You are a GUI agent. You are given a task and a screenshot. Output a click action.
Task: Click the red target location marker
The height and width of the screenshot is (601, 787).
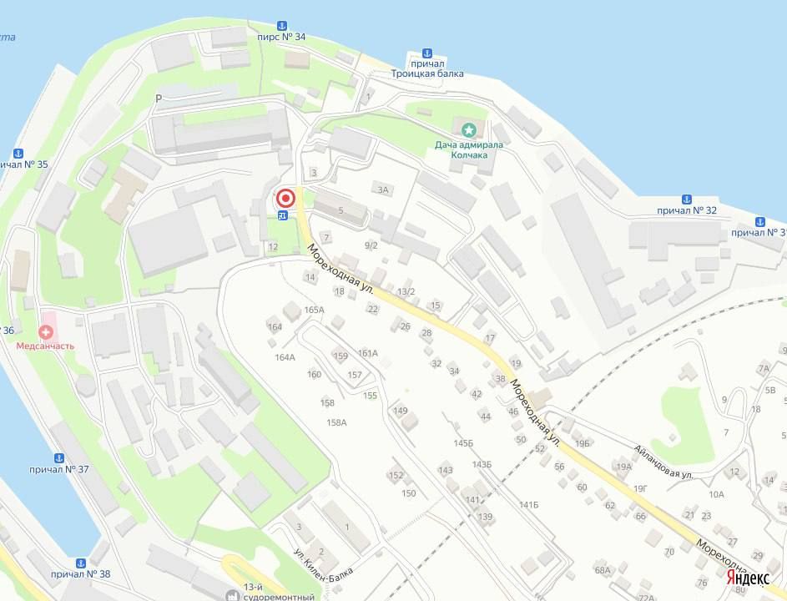coord(285,199)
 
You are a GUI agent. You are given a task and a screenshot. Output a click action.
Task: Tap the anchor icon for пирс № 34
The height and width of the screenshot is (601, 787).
coord(282,25)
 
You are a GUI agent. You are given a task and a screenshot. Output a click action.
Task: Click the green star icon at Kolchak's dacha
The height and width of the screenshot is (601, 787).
coord(468,129)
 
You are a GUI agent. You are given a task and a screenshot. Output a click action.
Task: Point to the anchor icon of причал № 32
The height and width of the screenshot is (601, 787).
coord(687,199)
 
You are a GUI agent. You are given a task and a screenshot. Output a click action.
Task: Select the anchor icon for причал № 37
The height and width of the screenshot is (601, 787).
coord(59,458)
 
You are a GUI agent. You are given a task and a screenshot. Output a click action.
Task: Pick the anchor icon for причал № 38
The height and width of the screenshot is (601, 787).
coord(80,563)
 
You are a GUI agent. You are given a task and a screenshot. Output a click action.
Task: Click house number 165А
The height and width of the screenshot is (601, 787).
coord(314,310)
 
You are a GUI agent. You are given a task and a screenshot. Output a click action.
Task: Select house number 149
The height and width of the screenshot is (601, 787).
coord(401,411)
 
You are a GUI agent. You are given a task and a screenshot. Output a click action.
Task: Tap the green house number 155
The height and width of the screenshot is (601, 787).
coord(370,395)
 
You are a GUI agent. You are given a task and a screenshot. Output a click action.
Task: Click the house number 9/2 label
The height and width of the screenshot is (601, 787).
coord(371,245)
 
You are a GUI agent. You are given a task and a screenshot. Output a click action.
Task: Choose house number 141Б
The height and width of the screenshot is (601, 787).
coord(528,505)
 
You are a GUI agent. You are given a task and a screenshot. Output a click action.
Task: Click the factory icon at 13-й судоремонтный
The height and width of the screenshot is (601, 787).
coord(231,596)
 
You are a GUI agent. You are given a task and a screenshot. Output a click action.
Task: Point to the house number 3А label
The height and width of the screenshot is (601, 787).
coord(383,189)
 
